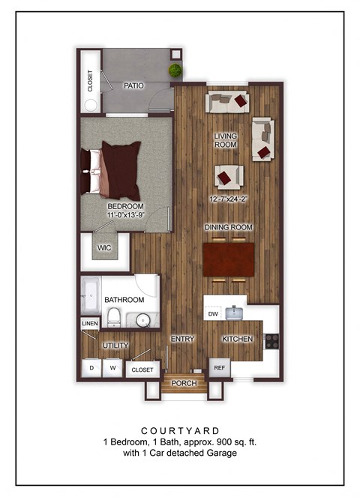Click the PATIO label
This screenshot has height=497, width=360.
pyautogui.click(x=134, y=85)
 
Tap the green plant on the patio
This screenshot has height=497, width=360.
pyautogui.click(x=175, y=70)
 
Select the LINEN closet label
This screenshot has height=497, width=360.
pyautogui.click(x=89, y=323)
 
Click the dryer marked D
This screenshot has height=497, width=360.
pyautogui.click(x=91, y=368)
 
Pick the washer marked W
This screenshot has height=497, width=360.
pyautogui.click(x=113, y=368)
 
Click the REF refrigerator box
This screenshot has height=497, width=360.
pyautogui.click(x=220, y=368)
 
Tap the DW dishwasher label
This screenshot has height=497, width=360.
pyautogui.click(x=213, y=313)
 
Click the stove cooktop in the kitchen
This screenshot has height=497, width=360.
pyautogui.click(x=271, y=340)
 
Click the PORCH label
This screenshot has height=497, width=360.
pyautogui.click(x=184, y=383)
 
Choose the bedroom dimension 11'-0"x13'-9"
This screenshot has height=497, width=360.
pyautogui.click(x=125, y=215)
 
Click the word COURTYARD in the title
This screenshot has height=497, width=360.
pyautogui.click(x=180, y=431)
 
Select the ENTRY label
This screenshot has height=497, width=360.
pyautogui.click(x=182, y=339)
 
